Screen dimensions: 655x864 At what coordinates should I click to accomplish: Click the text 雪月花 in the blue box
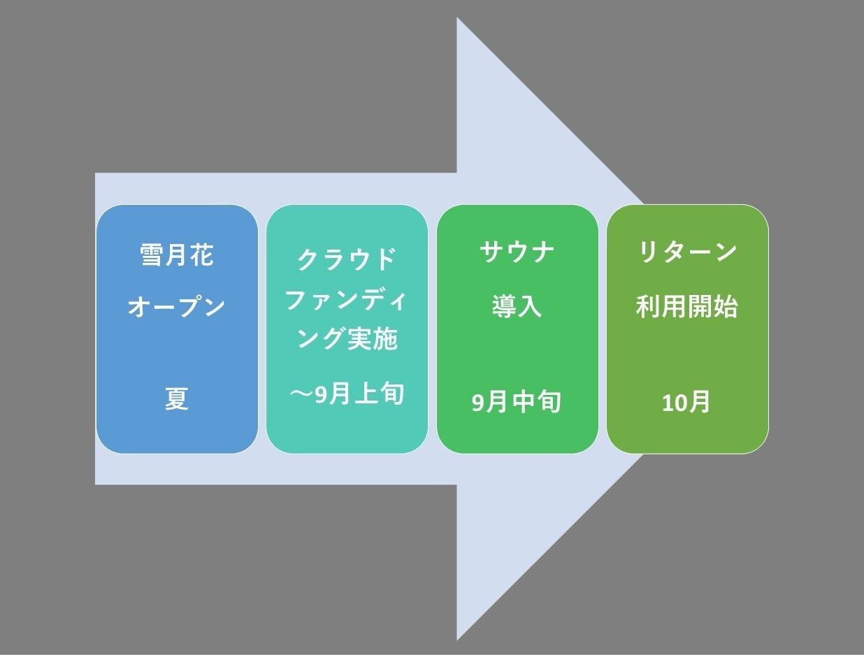(177, 255)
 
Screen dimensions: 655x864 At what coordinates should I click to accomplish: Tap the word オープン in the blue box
(177, 308)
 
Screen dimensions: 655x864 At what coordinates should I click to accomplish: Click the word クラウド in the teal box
(347, 259)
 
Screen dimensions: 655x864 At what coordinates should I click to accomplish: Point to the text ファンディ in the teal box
(347, 301)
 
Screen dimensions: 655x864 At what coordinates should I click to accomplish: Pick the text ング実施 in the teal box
(347, 339)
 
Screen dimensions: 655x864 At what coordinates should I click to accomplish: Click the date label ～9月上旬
(347, 394)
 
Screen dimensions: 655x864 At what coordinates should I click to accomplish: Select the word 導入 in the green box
(517, 308)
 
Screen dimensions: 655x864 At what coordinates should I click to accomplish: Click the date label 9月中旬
(517, 403)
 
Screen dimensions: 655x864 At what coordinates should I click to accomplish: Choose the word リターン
(688, 252)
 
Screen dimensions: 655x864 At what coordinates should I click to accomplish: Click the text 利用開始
(687, 308)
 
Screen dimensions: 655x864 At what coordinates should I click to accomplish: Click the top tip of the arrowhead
(457, 19)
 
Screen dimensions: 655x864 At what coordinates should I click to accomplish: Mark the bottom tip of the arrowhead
(457, 639)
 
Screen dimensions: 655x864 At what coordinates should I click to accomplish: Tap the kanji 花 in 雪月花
(202, 255)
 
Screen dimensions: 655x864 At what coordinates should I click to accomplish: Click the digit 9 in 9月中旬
(477, 403)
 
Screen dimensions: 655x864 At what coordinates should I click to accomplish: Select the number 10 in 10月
(675, 403)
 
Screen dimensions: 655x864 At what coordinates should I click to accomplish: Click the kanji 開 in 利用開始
(700, 308)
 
